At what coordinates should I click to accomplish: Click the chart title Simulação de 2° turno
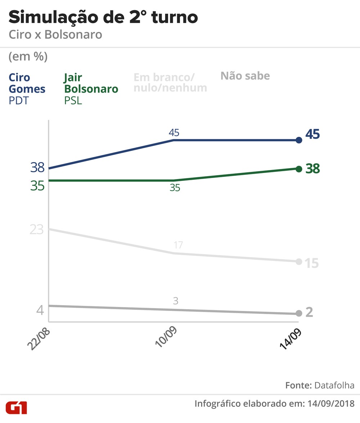103,17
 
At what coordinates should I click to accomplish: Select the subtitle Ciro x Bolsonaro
55,35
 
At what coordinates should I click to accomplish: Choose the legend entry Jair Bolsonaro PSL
91,88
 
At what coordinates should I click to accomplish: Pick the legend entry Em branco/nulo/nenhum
170,83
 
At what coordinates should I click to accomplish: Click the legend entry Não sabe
245,76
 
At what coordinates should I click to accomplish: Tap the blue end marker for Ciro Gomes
298,140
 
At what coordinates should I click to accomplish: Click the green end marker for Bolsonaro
298,169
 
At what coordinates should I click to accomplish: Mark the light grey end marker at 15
298,262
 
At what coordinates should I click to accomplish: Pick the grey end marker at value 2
298,313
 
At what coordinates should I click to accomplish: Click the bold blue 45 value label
312,134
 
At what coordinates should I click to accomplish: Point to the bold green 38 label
312,169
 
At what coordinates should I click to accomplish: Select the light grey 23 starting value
37,229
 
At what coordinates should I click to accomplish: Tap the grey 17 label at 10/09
176,245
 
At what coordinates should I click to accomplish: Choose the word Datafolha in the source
334,385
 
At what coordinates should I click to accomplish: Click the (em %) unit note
28,57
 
